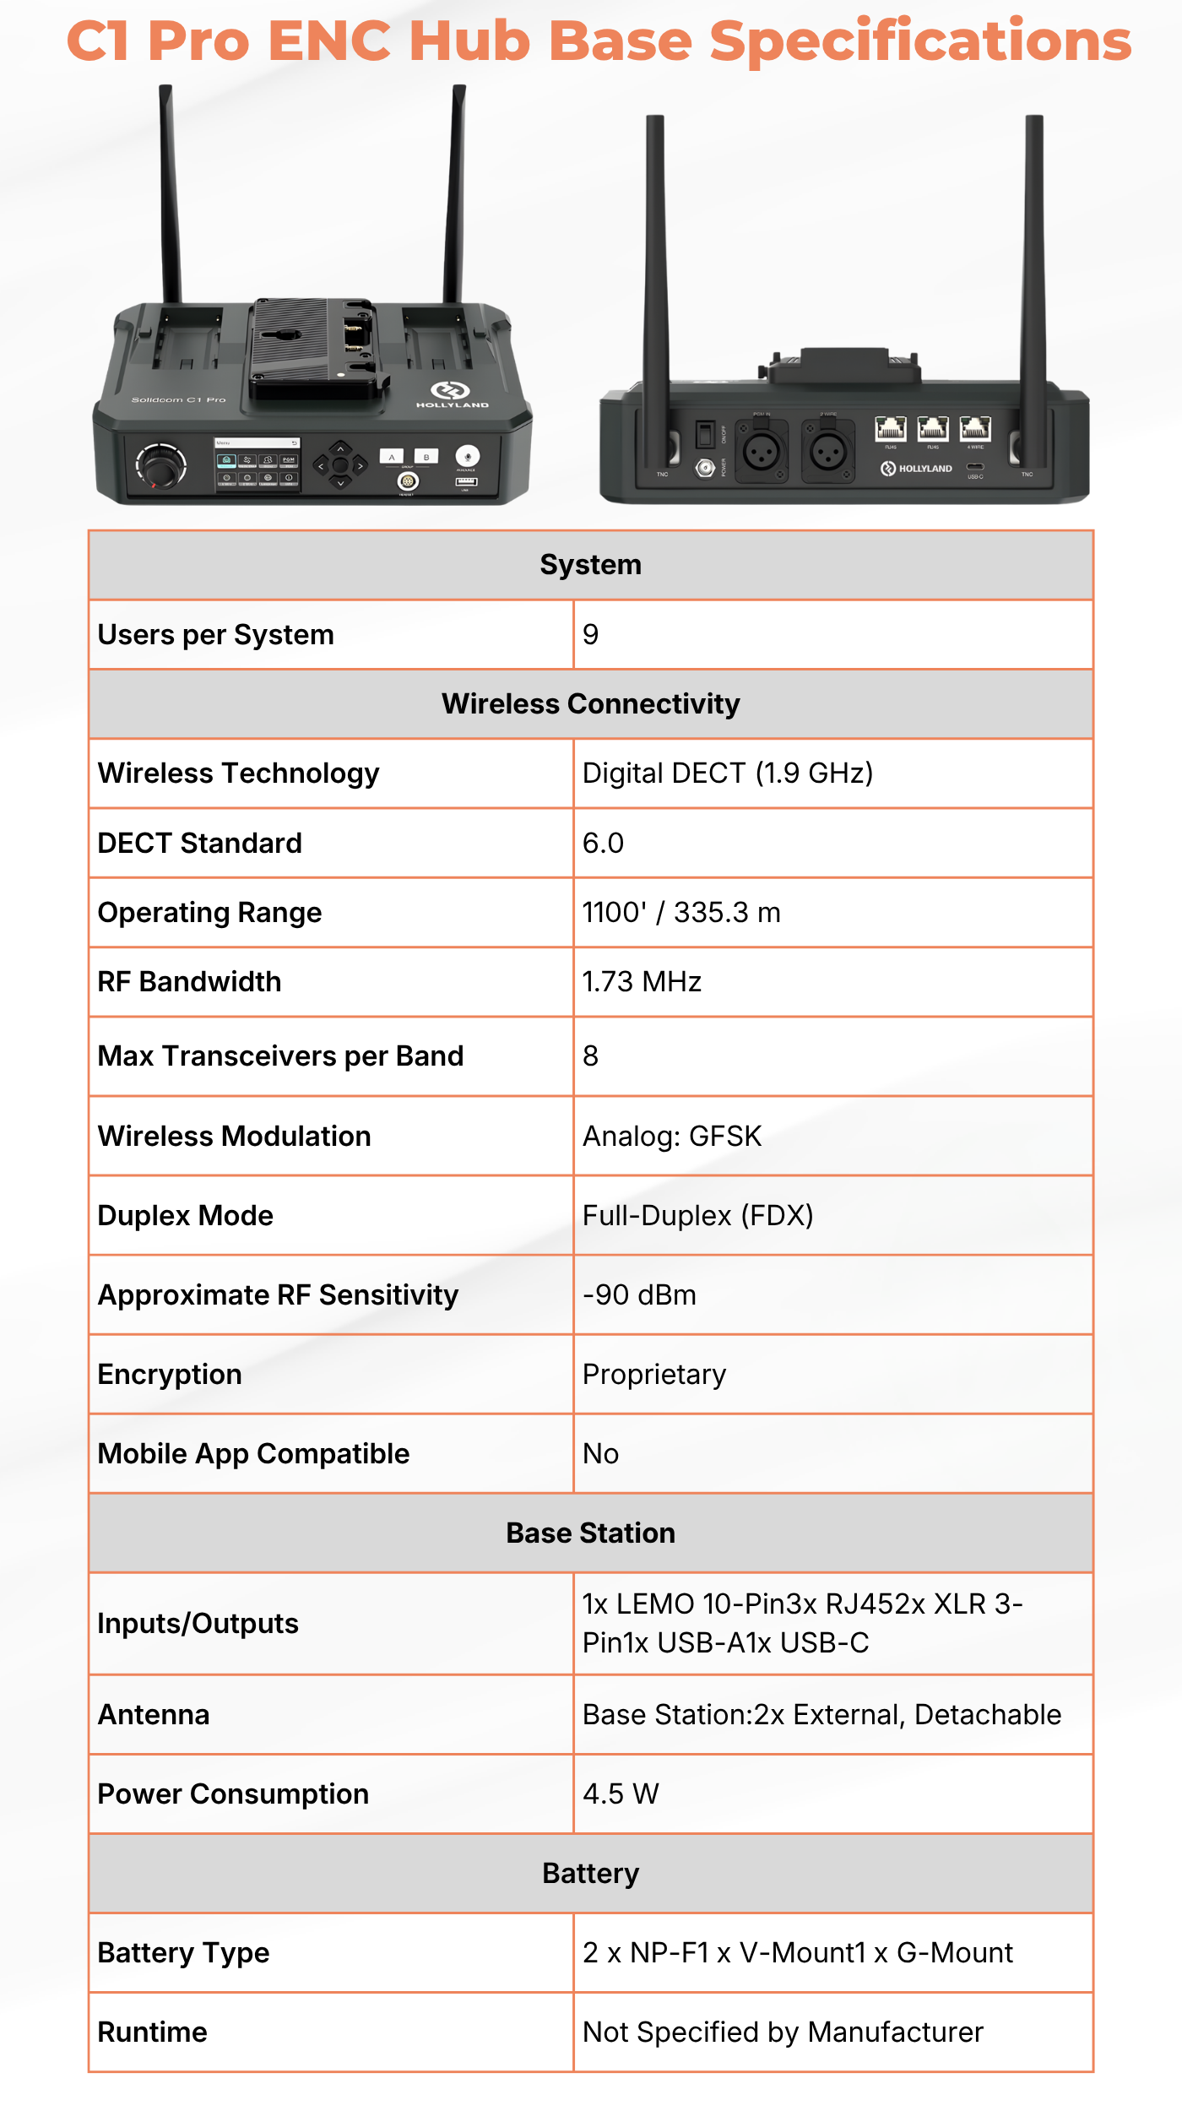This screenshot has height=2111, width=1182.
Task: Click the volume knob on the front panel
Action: (160, 465)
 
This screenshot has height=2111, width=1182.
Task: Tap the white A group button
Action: (392, 457)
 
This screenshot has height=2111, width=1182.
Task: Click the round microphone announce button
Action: (467, 456)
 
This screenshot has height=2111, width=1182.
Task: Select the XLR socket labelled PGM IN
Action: (762, 453)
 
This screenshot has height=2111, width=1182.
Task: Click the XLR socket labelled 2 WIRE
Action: (828, 453)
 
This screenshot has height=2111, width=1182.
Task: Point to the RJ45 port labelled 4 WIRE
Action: (975, 428)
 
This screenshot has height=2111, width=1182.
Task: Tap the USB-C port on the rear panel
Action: (975, 466)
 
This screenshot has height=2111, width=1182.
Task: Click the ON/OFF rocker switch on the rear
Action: (705, 435)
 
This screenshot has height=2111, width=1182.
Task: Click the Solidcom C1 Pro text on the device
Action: (178, 399)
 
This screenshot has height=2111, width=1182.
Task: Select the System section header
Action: (591, 565)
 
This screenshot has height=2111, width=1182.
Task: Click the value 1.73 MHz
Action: (642, 981)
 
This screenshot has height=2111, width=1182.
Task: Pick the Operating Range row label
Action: (209, 912)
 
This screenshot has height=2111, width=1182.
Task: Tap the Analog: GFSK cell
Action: (672, 1136)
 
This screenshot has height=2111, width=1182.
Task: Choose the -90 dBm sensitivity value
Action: (639, 1294)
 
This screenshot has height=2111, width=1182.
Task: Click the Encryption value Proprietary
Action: (654, 1374)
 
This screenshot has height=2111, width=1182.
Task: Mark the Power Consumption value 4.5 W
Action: (621, 1794)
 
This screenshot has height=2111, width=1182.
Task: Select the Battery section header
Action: (591, 1873)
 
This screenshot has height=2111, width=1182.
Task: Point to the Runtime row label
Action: (153, 2032)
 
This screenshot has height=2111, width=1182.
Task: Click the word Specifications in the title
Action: (920, 41)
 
